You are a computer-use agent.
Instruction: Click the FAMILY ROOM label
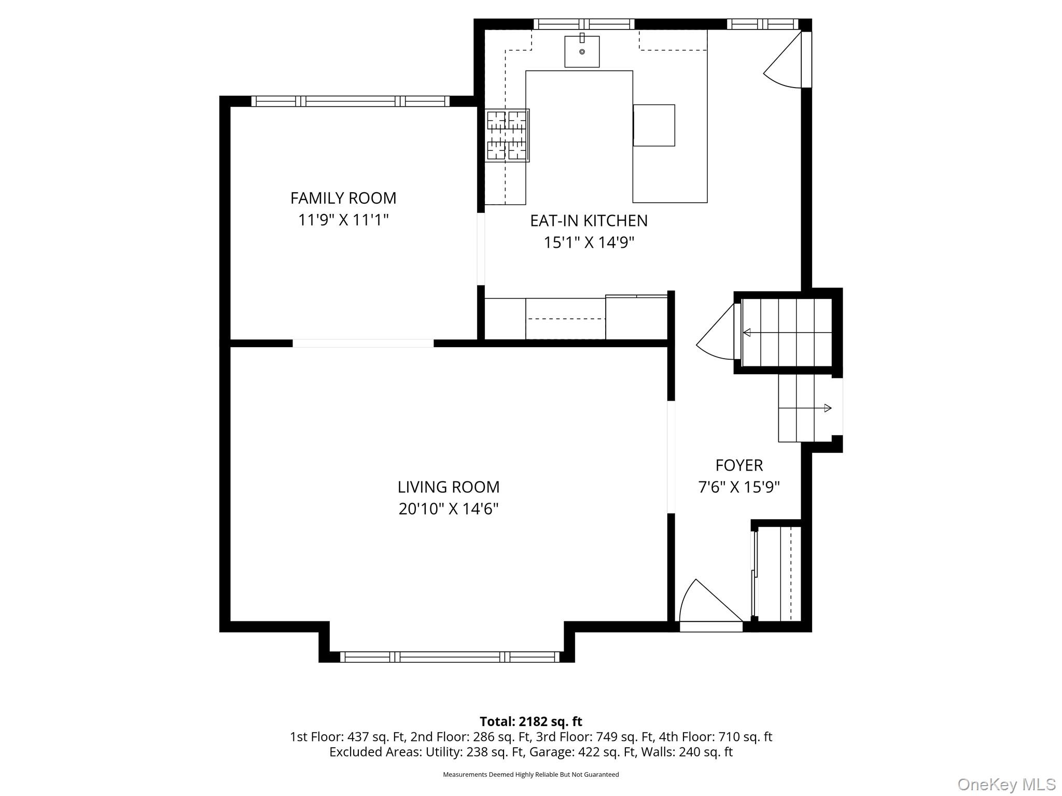343,198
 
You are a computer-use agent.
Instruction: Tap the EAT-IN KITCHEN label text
589,221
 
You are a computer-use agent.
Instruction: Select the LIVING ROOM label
449,487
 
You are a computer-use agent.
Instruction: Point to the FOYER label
739,465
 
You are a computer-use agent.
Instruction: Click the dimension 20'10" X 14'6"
449,509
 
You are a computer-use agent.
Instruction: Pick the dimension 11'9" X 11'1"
343,220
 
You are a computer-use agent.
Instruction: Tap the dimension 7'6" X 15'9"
739,488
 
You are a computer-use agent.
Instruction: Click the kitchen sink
582,51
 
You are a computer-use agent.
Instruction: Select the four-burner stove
507,135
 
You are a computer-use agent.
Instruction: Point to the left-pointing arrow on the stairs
747,333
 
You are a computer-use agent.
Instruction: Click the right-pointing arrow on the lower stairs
828,408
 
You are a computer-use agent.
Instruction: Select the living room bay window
449,657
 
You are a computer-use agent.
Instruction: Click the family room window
351,101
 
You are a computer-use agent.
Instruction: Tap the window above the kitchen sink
584,24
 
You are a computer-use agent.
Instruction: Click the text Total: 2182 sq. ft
530,721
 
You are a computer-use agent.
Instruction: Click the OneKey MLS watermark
1006,784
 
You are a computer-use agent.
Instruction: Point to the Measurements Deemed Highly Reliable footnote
530,774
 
